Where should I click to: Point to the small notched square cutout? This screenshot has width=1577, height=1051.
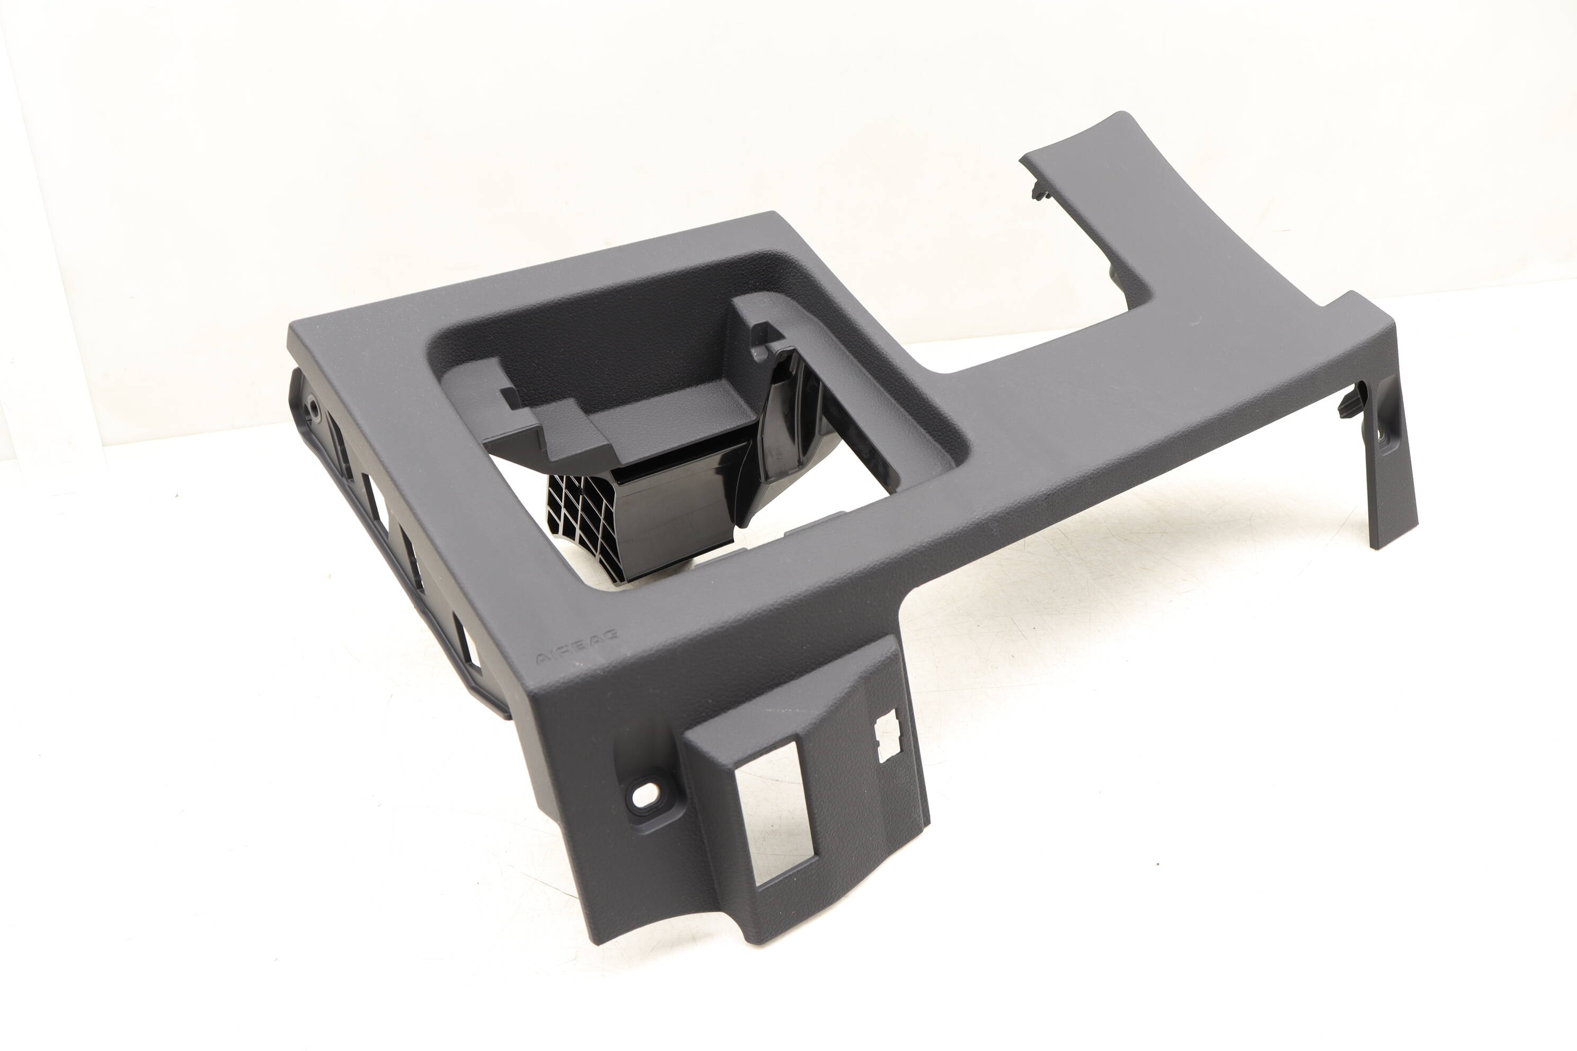click(889, 735)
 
